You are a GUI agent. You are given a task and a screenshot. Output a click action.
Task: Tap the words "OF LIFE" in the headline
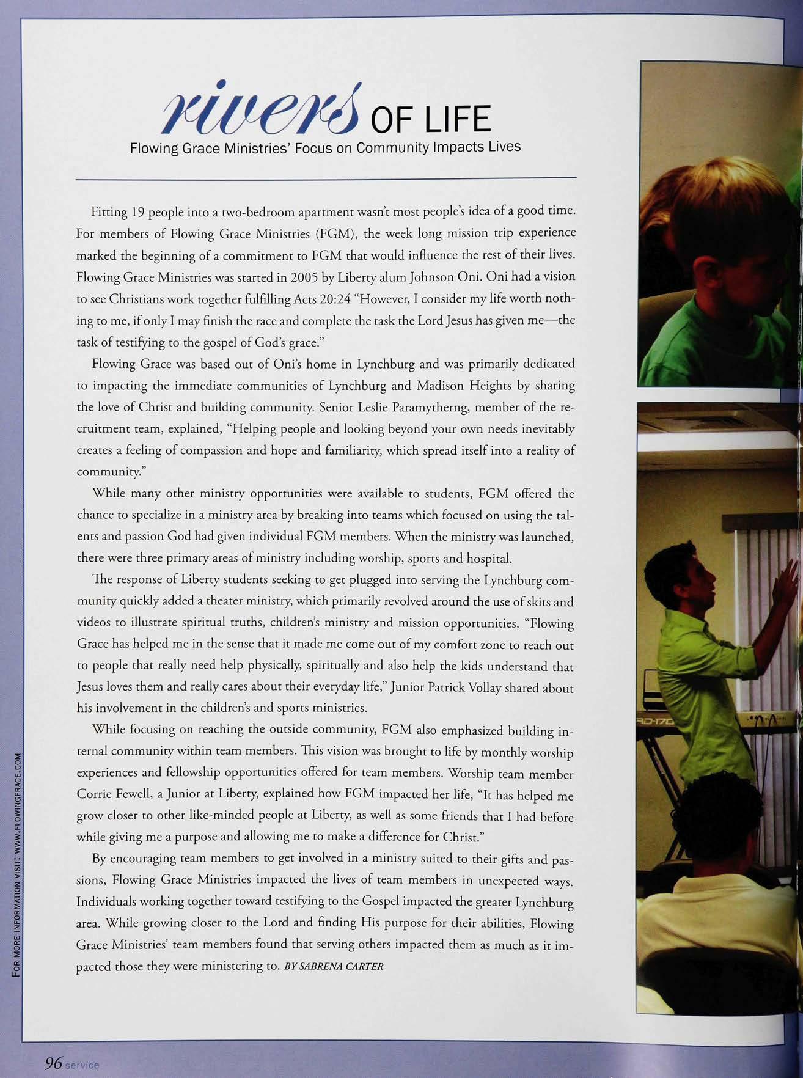coord(431,119)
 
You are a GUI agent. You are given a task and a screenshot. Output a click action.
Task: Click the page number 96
coord(52,1063)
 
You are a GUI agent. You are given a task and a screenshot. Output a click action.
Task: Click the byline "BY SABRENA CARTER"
coord(334,966)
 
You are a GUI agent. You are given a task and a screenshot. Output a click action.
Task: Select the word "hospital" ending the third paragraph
coord(489,558)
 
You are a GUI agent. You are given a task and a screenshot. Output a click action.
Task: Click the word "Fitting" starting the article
coord(109,212)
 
